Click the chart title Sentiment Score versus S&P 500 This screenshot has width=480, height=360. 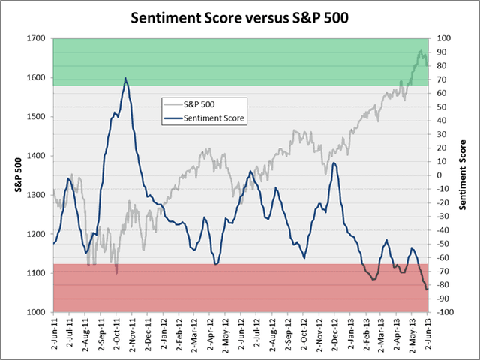coord(239,16)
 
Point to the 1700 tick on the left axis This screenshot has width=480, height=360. coord(34,38)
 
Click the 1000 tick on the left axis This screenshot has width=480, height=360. coord(34,312)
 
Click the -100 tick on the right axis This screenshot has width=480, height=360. coord(442,312)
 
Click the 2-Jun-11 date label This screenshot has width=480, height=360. coord(54,333)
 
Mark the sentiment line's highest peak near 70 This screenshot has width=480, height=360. coord(125,78)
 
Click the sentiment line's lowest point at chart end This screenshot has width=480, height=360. coord(426,289)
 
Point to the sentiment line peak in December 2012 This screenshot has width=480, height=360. coord(334,163)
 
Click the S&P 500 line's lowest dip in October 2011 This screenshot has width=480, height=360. coord(117,272)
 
